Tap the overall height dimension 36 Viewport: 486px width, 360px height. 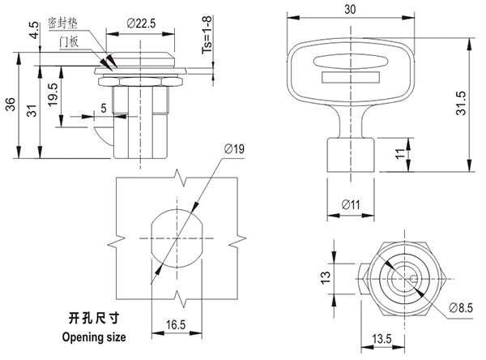click(10, 105)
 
